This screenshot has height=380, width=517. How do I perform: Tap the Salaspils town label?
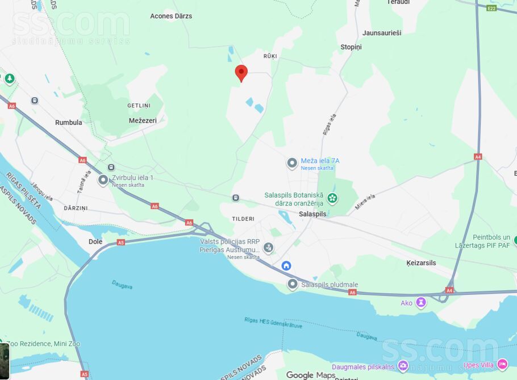[x=312, y=214]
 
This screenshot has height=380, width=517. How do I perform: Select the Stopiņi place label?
[x=351, y=47]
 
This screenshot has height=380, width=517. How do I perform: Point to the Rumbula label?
[x=69, y=122]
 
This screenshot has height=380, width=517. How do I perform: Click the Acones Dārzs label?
[x=171, y=16]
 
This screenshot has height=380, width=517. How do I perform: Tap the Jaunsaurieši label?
[x=382, y=33]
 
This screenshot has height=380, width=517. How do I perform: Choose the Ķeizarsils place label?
[x=421, y=263]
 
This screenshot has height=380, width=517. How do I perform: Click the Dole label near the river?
[x=95, y=241]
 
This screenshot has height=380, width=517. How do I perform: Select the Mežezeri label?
[x=143, y=120]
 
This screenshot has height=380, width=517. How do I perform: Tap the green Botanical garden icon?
[x=332, y=198]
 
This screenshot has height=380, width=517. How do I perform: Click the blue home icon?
[x=286, y=266]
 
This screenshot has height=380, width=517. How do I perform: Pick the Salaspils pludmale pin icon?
[x=293, y=285]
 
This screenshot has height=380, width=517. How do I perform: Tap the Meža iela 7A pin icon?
[x=292, y=164]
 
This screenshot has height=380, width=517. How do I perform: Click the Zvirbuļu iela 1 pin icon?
[x=103, y=181]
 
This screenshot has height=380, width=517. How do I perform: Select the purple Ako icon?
[x=421, y=302]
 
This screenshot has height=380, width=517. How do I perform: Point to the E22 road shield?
[x=491, y=9]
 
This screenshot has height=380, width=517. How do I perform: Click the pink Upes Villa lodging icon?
[x=502, y=364]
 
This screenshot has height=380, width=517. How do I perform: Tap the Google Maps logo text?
[x=311, y=375]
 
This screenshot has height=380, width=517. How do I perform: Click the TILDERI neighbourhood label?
[x=243, y=219]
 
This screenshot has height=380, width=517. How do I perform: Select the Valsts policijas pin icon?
[x=268, y=248]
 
